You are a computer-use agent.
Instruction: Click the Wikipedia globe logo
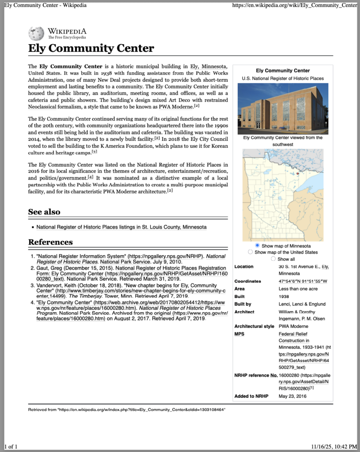[36, 34]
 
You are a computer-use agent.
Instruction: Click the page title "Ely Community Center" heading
[91, 48]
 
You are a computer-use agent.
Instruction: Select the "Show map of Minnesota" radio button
[257, 245]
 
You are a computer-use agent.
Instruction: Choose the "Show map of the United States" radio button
[251, 252]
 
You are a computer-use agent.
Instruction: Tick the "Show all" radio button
[273, 259]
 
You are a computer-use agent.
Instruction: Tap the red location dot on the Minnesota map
[298, 173]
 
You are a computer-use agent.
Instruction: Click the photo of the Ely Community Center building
[283, 108]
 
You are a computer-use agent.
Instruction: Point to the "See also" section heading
[44, 212]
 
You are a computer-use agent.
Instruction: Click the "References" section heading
[50, 242]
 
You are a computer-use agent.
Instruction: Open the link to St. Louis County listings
[121, 227]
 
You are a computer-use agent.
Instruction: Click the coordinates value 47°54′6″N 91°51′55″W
[306, 281]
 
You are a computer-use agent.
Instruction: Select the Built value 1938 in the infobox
[284, 296]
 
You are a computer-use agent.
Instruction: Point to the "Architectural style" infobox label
[254, 326]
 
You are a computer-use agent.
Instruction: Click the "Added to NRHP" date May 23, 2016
[292, 396]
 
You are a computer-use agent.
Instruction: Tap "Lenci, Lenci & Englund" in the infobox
[302, 304]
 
